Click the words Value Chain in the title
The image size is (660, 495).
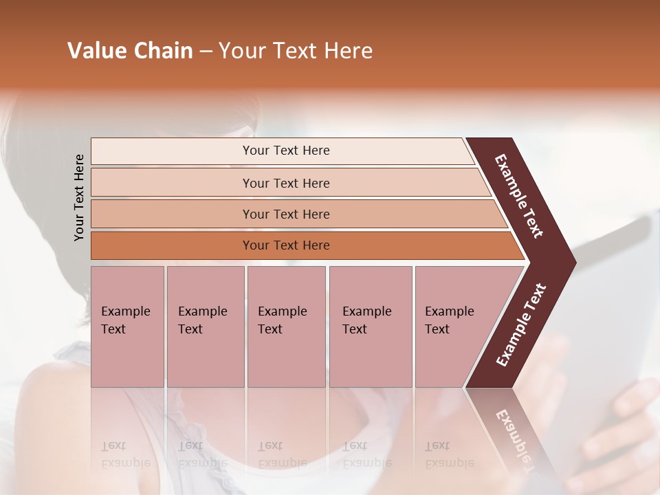[130, 51]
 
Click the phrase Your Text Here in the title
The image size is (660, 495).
[296, 51]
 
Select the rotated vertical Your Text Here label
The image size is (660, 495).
[79, 197]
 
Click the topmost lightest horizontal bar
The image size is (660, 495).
[285, 151]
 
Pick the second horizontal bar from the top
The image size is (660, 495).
[285, 183]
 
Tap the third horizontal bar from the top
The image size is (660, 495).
[285, 214]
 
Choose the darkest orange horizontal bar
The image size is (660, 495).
[285, 245]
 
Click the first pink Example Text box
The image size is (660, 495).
[127, 326]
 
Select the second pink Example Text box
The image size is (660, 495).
[205, 326]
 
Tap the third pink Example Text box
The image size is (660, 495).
[286, 326]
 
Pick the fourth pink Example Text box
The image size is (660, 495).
[370, 326]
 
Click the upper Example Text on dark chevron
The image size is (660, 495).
[519, 196]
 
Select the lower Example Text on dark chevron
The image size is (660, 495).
[521, 325]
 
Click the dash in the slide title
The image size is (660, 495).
[206, 52]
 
